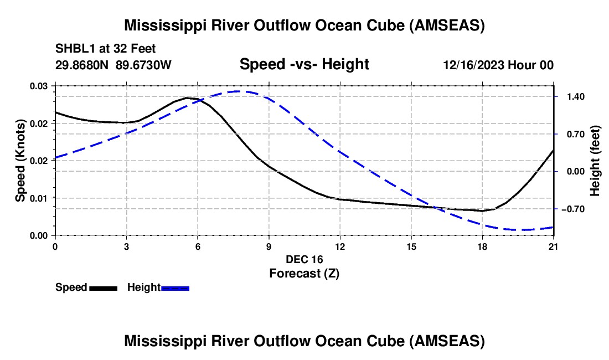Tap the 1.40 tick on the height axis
(x=570, y=97)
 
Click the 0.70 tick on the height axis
(x=570, y=134)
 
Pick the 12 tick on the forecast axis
(x=340, y=246)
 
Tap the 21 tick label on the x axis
(x=554, y=246)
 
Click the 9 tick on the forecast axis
(x=269, y=246)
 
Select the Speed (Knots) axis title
(x=20, y=161)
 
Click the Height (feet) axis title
(x=595, y=161)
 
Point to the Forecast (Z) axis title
(x=304, y=273)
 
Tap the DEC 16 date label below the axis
(x=304, y=259)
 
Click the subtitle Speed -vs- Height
(x=304, y=64)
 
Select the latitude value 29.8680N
(x=82, y=65)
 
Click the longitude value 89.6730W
(x=143, y=65)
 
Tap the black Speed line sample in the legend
(x=104, y=288)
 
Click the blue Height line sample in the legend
(x=175, y=288)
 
